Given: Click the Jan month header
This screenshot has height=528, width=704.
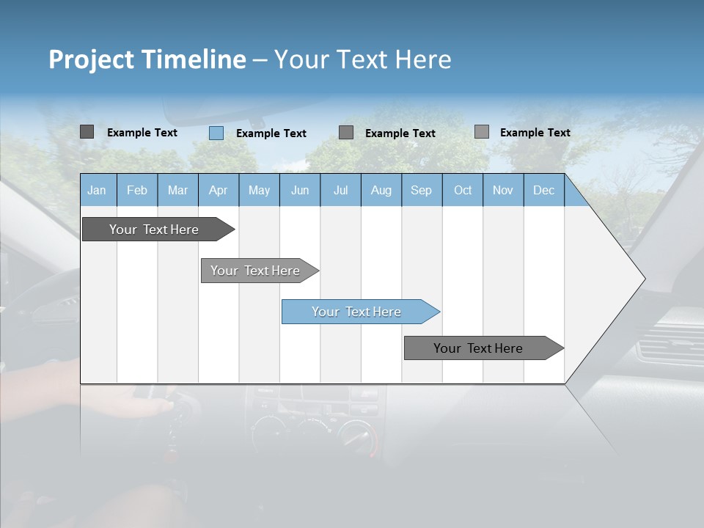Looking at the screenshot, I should (x=97, y=190).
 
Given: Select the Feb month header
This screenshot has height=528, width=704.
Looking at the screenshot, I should (x=137, y=190).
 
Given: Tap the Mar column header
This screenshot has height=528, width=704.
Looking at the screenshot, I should (x=177, y=190).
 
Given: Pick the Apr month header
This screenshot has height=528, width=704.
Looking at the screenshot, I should (x=218, y=190).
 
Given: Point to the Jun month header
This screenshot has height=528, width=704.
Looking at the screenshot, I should (x=300, y=190).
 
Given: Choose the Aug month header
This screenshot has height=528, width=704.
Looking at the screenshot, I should (x=381, y=190).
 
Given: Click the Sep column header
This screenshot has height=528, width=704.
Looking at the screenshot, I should (x=421, y=190).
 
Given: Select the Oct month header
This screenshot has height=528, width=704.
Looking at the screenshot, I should (x=463, y=190).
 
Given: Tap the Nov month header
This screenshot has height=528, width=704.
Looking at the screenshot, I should (x=503, y=190).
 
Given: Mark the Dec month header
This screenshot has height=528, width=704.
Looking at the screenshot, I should (x=543, y=190).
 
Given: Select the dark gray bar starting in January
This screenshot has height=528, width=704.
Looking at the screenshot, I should (x=155, y=230).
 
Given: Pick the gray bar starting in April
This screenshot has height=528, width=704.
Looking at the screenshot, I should (x=256, y=271).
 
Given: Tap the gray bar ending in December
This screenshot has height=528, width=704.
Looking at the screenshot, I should (x=479, y=348).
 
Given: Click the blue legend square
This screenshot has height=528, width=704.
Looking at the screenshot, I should (x=216, y=133).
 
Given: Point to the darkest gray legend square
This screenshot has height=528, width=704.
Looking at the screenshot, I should (x=87, y=132).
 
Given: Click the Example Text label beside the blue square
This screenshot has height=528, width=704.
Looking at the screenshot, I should (x=271, y=133).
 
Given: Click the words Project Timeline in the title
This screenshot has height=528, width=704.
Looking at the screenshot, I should (x=147, y=59).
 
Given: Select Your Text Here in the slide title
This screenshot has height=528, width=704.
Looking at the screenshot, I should (x=362, y=59).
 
